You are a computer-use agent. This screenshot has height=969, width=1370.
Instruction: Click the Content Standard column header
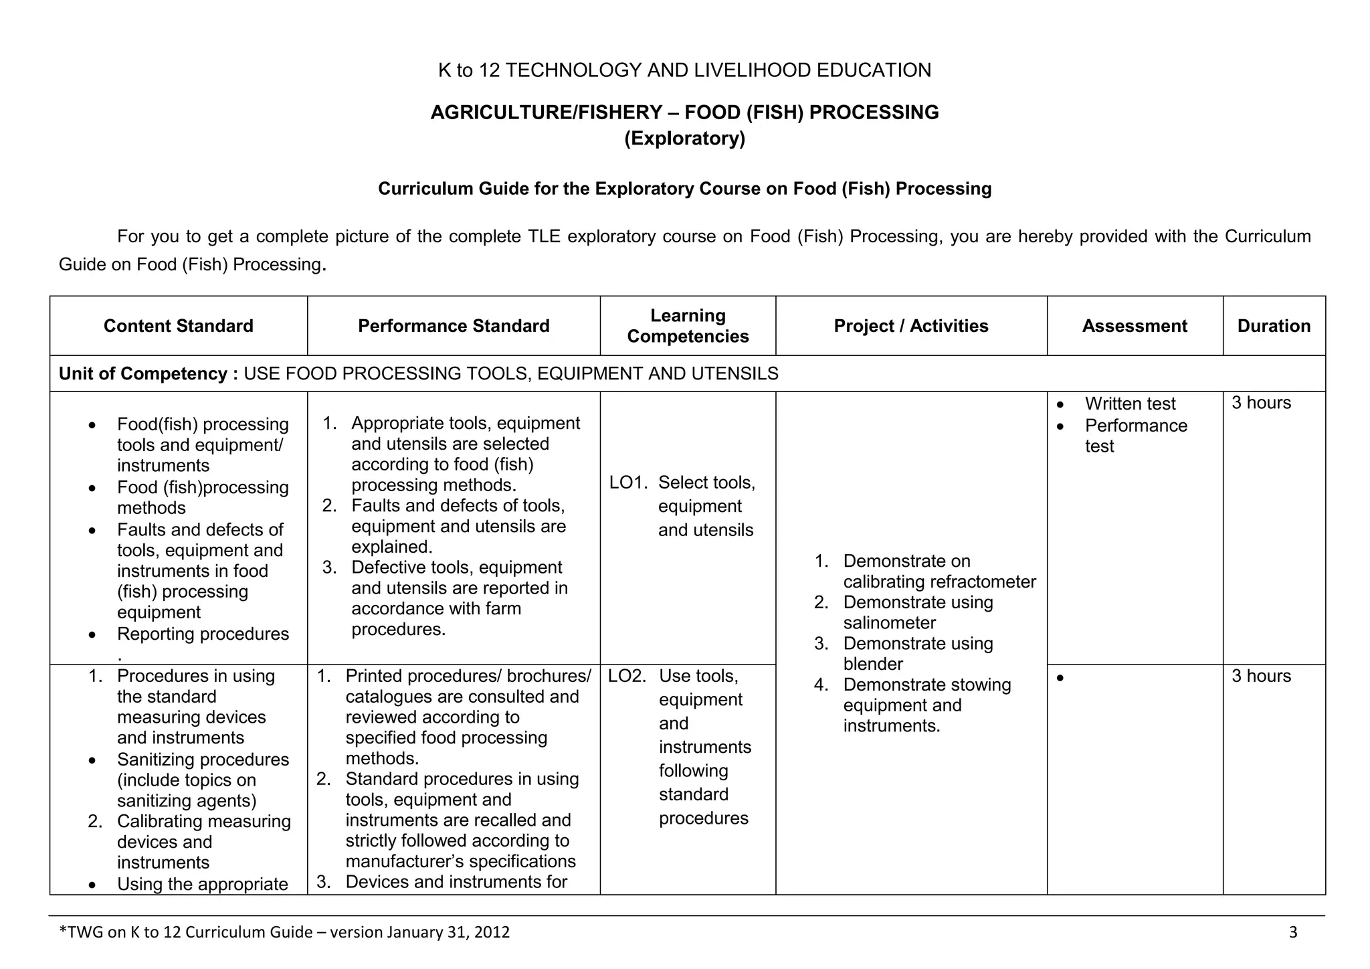coord(178,326)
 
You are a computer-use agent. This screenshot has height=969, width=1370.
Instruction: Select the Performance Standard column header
coord(454,326)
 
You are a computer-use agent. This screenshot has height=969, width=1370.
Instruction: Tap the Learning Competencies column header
coord(688,326)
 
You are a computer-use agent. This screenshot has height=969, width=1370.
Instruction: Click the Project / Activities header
coord(910,326)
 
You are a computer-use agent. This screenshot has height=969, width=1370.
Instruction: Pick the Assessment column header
coord(1135,326)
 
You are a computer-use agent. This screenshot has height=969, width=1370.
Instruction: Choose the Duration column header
coord(1274,326)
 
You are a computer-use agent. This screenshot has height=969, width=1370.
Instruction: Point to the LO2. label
coord(627,676)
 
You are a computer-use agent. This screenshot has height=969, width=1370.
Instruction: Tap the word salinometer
coord(889,623)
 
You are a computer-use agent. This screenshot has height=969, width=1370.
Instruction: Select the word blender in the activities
coord(873,664)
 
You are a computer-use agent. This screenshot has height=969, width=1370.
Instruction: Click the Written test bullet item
coord(1130,404)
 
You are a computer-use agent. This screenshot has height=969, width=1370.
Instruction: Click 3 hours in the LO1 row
coord(1261,403)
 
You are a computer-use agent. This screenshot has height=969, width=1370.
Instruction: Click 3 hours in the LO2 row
coord(1261,676)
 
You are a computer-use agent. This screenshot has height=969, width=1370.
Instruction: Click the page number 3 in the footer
coord(1292,932)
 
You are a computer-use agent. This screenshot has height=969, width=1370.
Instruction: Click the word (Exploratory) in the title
coord(684,139)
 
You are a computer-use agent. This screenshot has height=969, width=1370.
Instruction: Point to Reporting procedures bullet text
coord(203,634)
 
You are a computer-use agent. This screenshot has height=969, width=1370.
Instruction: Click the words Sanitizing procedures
coord(203,760)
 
